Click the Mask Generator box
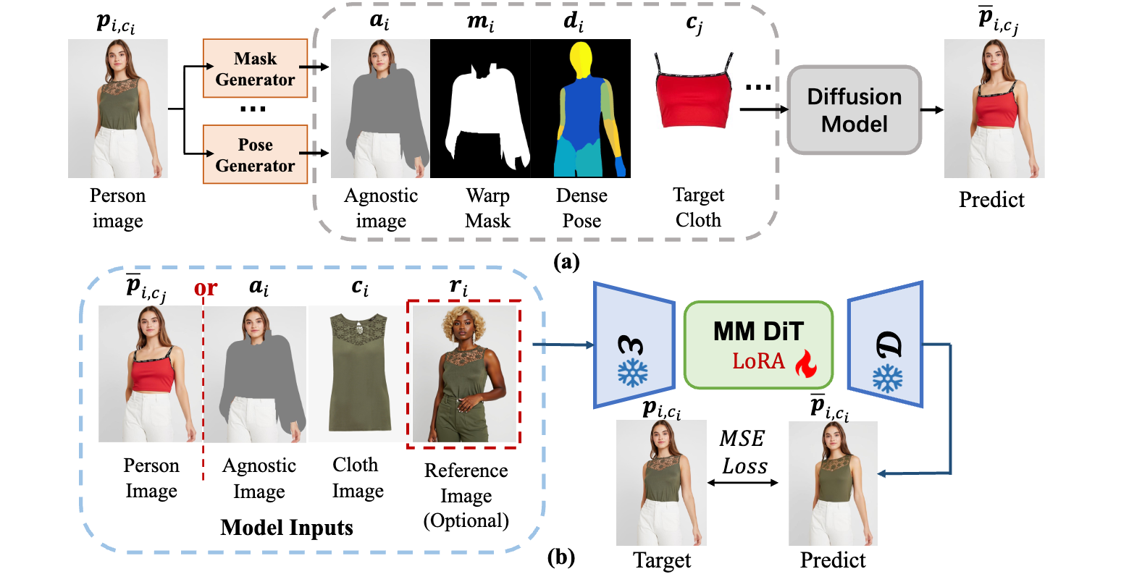(x=255, y=68)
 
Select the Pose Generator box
(x=255, y=154)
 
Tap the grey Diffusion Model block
(x=855, y=110)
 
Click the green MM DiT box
(x=758, y=345)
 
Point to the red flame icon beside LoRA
(x=806, y=363)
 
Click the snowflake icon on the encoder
(x=633, y=372)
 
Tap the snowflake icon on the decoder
(x=887, y=379)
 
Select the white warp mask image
(x=480, y=109)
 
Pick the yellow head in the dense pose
(x=581, y=59)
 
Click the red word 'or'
(x=206, y=288)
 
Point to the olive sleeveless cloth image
(x=359, y=373)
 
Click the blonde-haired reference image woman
(x=464, y=374)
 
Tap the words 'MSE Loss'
(x=744, y=452)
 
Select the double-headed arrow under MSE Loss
(x=743, y=483)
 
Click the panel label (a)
(x=566, y=262)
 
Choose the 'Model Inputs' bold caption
(x=287, y=528)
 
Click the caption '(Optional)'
(x=466, y=520)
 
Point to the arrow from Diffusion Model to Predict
(x=932, y=110)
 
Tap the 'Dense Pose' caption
(x=582, y=208)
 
